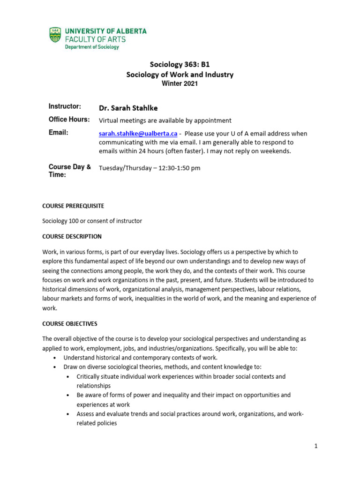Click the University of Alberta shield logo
[x=55, y=35]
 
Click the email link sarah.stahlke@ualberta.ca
[x=138, y=133]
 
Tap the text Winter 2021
[x=180, y=84]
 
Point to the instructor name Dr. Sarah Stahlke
[x=128, y=108]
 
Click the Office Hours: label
[x=69, y=120]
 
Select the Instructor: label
[x=65, y=106]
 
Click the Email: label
[x=59, y=133]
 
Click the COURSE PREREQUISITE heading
[x=73, y=206]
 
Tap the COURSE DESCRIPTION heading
[x=72, y=236]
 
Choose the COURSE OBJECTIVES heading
[x=70, y=324]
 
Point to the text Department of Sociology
[x=92, y=47]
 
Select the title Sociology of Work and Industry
[x=180, y=75]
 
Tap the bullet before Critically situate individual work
[x=69, y=377]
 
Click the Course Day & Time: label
[x=69, y=171]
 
